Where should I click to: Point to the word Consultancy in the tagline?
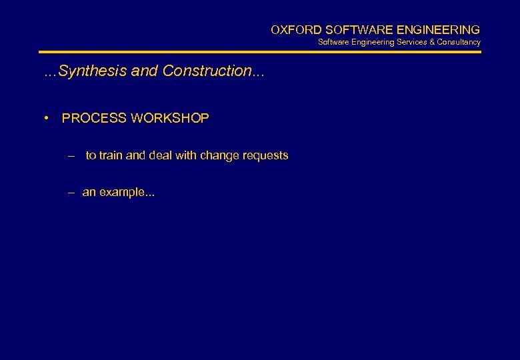(x=459, y=42)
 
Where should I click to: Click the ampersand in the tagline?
(x=432, y=42)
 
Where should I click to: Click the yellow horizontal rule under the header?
(x=260, y=52)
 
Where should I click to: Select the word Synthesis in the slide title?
(x=93, y=71)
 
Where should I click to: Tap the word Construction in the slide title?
(x=207, y=71)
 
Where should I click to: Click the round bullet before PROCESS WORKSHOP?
(x=47, y=119)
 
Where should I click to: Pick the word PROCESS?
(x=94, y=119)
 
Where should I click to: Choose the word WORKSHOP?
(x=170, y=119)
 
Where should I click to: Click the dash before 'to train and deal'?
(x=71, y=155)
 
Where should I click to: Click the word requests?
(x=265, y=156)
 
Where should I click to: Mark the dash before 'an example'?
(x=71, y=192)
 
